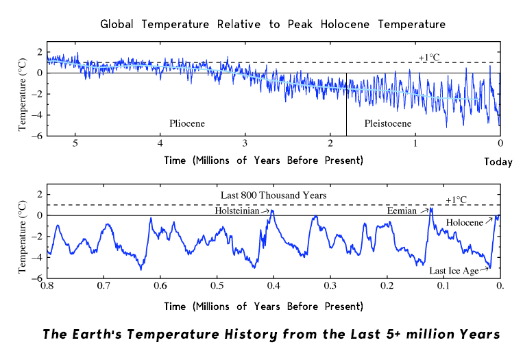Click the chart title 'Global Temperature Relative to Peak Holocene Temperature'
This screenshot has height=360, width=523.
[273, 25]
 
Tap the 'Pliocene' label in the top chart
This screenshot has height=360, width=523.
[187, 124]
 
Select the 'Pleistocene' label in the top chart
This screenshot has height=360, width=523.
[388, 124]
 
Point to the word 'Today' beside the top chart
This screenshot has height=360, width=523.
[498, 162]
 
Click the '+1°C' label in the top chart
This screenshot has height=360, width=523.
[429, 57]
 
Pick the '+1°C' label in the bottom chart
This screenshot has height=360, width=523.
[456, 200]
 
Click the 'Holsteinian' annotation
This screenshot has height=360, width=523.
[237, 211]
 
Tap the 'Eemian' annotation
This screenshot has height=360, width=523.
[402, 211]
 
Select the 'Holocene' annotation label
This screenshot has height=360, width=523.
[464, 223]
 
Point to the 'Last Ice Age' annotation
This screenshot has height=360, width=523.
[454, 271]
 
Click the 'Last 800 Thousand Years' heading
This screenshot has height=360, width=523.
[273, 195]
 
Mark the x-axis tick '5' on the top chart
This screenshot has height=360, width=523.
[75, 143]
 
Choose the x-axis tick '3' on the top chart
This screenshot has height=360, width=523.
[245, 143]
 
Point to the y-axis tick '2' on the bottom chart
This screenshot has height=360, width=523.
[40, 195]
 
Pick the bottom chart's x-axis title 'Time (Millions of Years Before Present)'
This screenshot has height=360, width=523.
[264, 306]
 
